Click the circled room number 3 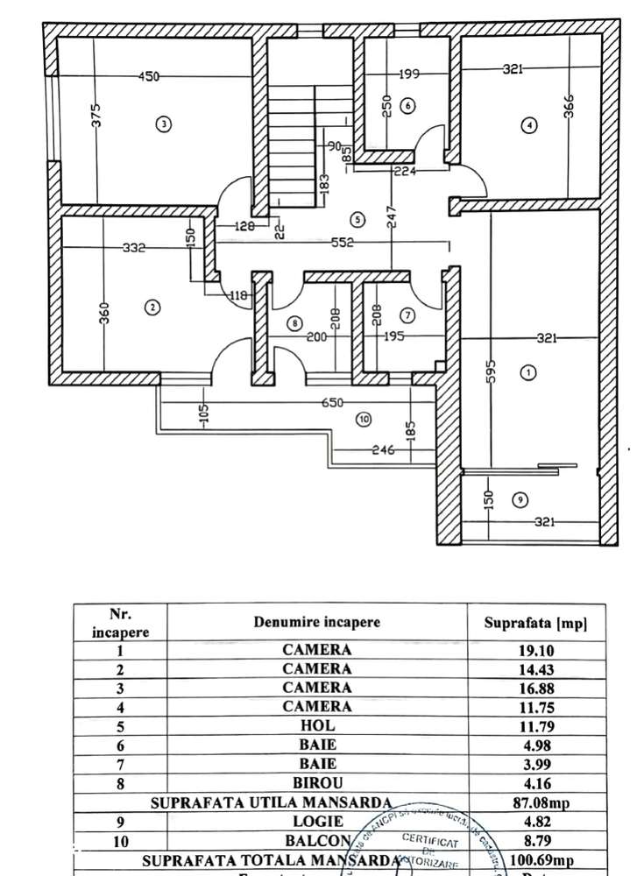[x=163, y=124]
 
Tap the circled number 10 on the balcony [x=365, y=420]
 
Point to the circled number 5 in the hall [x=356, y=217]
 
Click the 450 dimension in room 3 [x=149, y=77]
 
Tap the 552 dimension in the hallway [x=343, y=243]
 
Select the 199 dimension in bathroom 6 [x=408, y=74]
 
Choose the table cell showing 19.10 [x=535, y=650]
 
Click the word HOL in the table [x=316, y=724]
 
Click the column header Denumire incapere [x=316, y=623]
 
